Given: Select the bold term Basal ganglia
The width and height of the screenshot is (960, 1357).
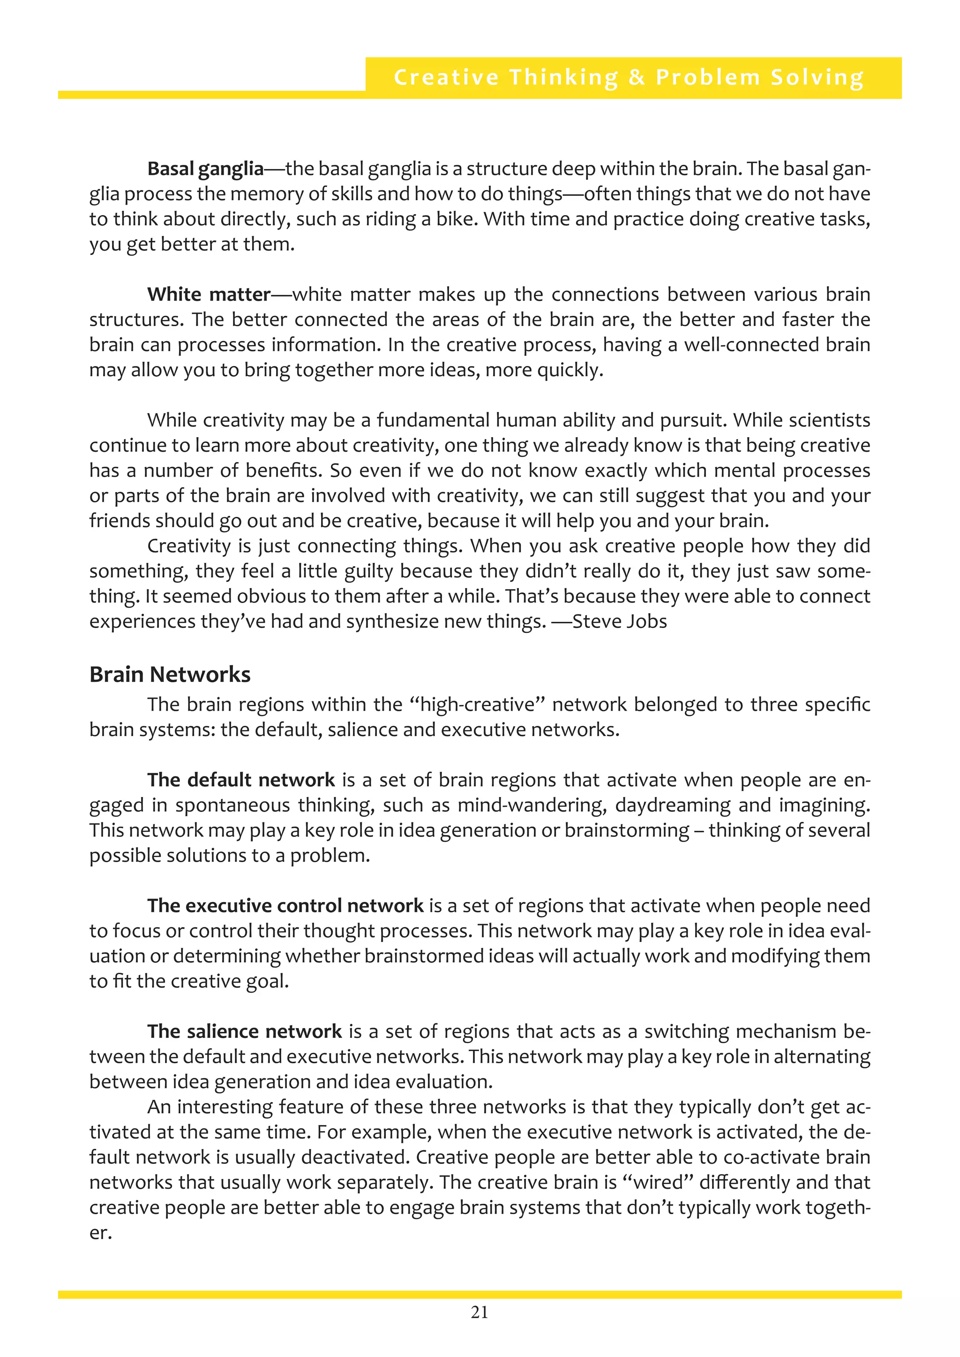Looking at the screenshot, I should (205, 169).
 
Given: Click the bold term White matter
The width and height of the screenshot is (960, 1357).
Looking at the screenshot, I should (209, 294).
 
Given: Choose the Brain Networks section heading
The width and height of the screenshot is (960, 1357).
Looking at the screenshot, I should (170, 674).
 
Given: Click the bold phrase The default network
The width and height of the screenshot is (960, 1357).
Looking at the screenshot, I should (241, 780).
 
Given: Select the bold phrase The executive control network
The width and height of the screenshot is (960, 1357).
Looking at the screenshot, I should (285, 905).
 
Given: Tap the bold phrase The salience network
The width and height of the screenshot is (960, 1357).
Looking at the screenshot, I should (244, 1031).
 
